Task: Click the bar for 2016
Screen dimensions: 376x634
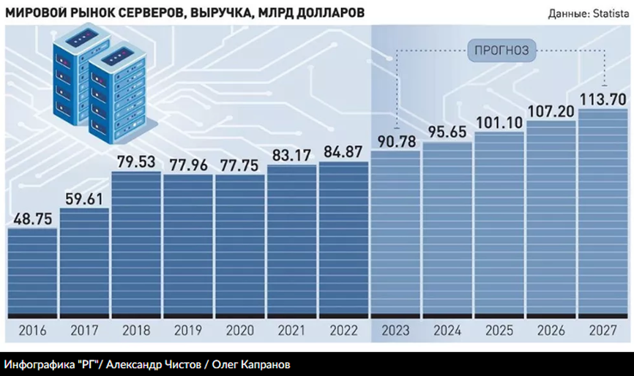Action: coord(33,271)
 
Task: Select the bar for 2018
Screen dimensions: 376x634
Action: coord(136,245)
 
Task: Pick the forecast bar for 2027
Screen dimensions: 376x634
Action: coord(603,212)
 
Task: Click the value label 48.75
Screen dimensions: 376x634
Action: coord(33,217)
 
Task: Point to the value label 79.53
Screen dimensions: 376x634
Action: coord(136,161)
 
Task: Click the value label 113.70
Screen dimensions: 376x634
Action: coord(603,98)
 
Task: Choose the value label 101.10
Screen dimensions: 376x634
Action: coord(499,121)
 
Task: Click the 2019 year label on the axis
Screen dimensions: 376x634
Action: coord(188,330)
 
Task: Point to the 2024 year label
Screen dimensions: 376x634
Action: coord(448,330)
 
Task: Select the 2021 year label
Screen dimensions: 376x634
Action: coord(292,330)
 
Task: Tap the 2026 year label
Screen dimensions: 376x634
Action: coord(551,330)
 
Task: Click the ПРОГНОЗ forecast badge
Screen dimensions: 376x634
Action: coord(501,50)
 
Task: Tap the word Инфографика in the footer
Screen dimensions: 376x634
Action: coord(37,364)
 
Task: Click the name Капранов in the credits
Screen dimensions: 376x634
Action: coord(270,364)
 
